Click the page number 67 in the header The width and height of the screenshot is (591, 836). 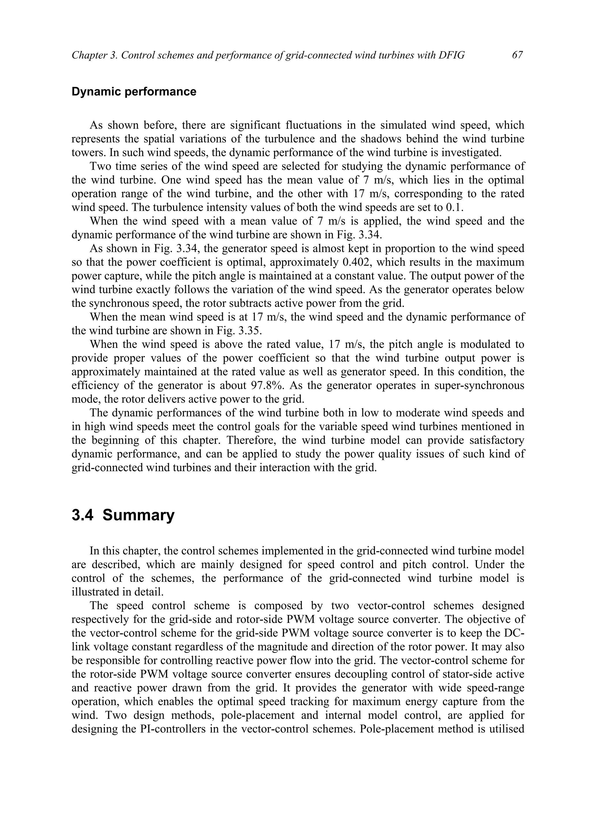tap(517, 55)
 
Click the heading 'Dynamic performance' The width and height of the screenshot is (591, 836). tap(134, 92)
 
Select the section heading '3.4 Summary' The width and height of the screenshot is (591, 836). tap(123, 516)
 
